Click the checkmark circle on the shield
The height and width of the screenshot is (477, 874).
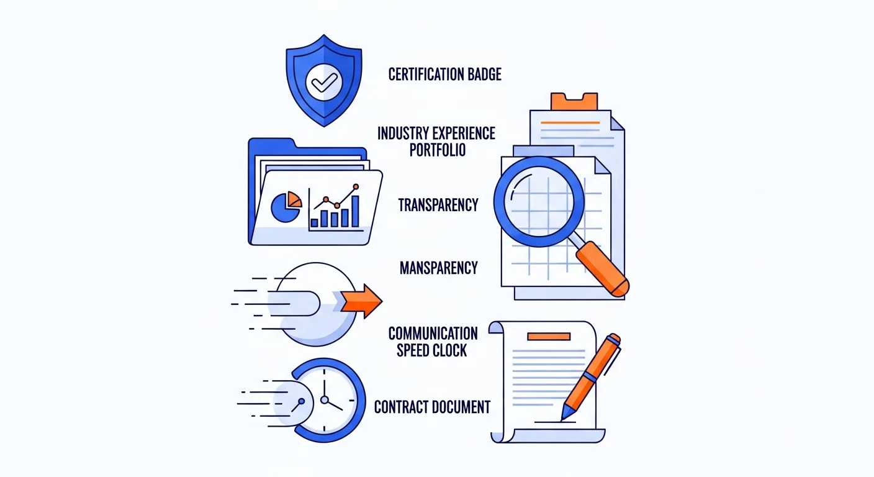[324, 83]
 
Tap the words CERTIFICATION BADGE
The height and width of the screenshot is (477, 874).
[445, 74]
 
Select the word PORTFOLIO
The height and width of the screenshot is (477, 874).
[438, 150]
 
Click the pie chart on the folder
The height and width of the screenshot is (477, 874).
[286, 207]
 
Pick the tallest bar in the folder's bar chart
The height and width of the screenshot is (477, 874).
[355, 211]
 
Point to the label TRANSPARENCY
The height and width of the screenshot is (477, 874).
[438, 205]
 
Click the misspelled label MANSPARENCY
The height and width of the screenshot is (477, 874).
[439, 268]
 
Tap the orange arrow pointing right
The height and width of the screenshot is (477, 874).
[362, 301]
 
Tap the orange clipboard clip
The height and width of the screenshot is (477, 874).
[574, 101]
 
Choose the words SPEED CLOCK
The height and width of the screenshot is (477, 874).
[431, 350]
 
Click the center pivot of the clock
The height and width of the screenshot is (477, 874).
[324, 400]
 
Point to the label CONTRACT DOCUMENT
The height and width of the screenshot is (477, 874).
[432, 407]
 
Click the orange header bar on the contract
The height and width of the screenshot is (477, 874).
[549, 337]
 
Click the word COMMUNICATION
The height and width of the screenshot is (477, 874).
[433, 334]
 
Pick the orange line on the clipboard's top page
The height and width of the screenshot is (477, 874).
[570, 122]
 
